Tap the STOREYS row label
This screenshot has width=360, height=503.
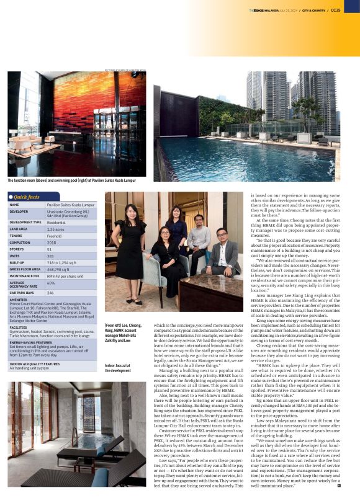click(x=17, y=249)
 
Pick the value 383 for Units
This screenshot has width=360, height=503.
click(x=50, y=256)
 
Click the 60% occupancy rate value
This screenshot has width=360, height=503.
click(x=51, y=283)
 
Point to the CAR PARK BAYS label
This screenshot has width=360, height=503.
click(x=22, y=292)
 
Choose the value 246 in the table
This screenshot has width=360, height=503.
click(x=50, y=292)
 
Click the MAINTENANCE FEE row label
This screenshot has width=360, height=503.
click(x=25, y=275)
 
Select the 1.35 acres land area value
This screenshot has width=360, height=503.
click(x=55, y=228)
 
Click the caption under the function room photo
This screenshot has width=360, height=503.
click(x=71, y=180)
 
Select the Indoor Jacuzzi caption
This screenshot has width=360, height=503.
click(x=118, y=367)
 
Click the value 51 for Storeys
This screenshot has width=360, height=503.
click(x=49, y=249)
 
